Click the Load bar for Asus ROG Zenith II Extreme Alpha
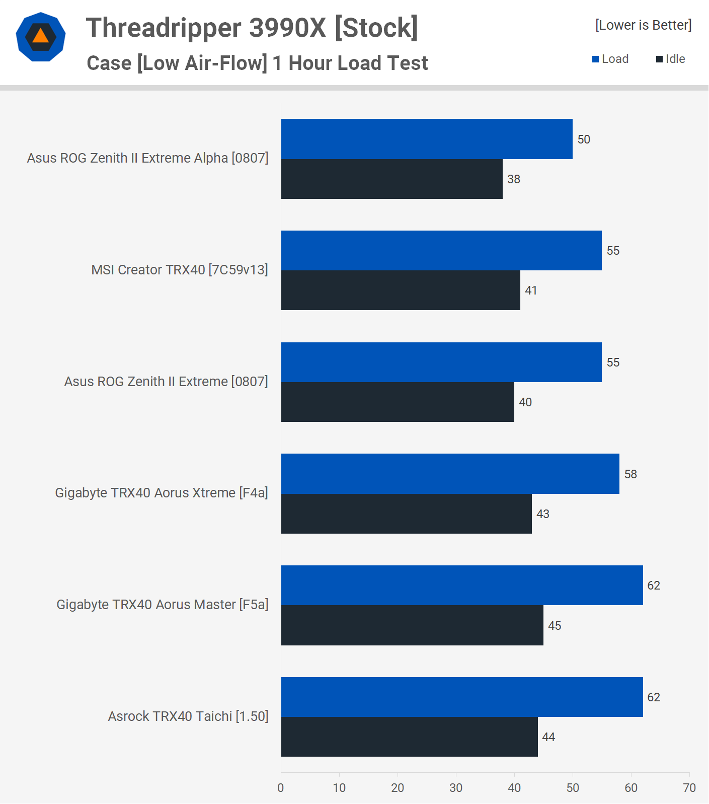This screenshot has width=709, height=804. tap(427, 139)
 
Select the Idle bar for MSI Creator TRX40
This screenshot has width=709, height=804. tap(401, 290)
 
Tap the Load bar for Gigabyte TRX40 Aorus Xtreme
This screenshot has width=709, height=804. tap(450, 474)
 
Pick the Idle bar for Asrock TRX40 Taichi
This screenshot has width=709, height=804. tap(409, 737)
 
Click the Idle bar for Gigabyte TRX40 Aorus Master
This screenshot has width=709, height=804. tap(412, 625)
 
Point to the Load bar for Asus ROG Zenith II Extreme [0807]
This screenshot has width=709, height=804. tap(441, 362)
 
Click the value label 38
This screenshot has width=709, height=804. tap(514, 179)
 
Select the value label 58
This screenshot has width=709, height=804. tap(631, 474)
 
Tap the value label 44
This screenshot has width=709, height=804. tap(548, 737)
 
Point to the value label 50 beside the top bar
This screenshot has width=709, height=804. tap(584, 139)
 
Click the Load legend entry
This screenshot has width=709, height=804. tap(610, 59)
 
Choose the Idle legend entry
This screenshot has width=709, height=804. tap(671, 59)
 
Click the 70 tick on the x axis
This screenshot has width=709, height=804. tap(689, 788)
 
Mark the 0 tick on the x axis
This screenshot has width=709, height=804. tap(281, 788)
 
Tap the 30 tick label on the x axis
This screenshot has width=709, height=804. tap(456, 788)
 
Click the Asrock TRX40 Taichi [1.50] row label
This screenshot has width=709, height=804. tap(188, 716)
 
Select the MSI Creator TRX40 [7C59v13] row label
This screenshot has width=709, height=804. tap(180, 270)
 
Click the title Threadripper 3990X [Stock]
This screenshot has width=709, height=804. tap(252, 28)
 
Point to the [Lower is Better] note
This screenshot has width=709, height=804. tap(643, 25)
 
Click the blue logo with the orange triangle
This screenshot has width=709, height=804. tap(41, 37)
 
